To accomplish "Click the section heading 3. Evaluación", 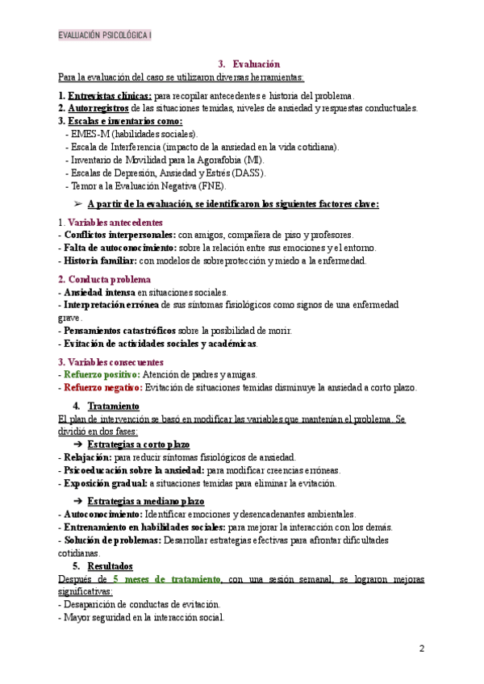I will coord(249,64).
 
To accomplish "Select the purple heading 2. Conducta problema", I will coord(104,279).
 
